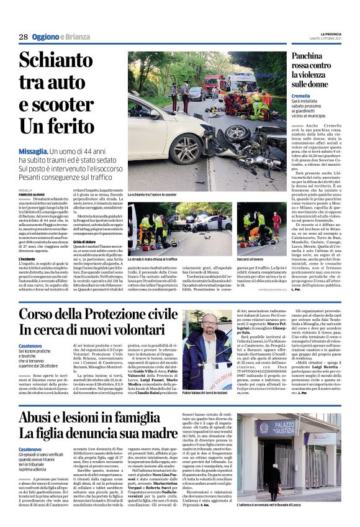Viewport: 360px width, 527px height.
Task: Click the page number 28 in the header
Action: click(x=23, y=37)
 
